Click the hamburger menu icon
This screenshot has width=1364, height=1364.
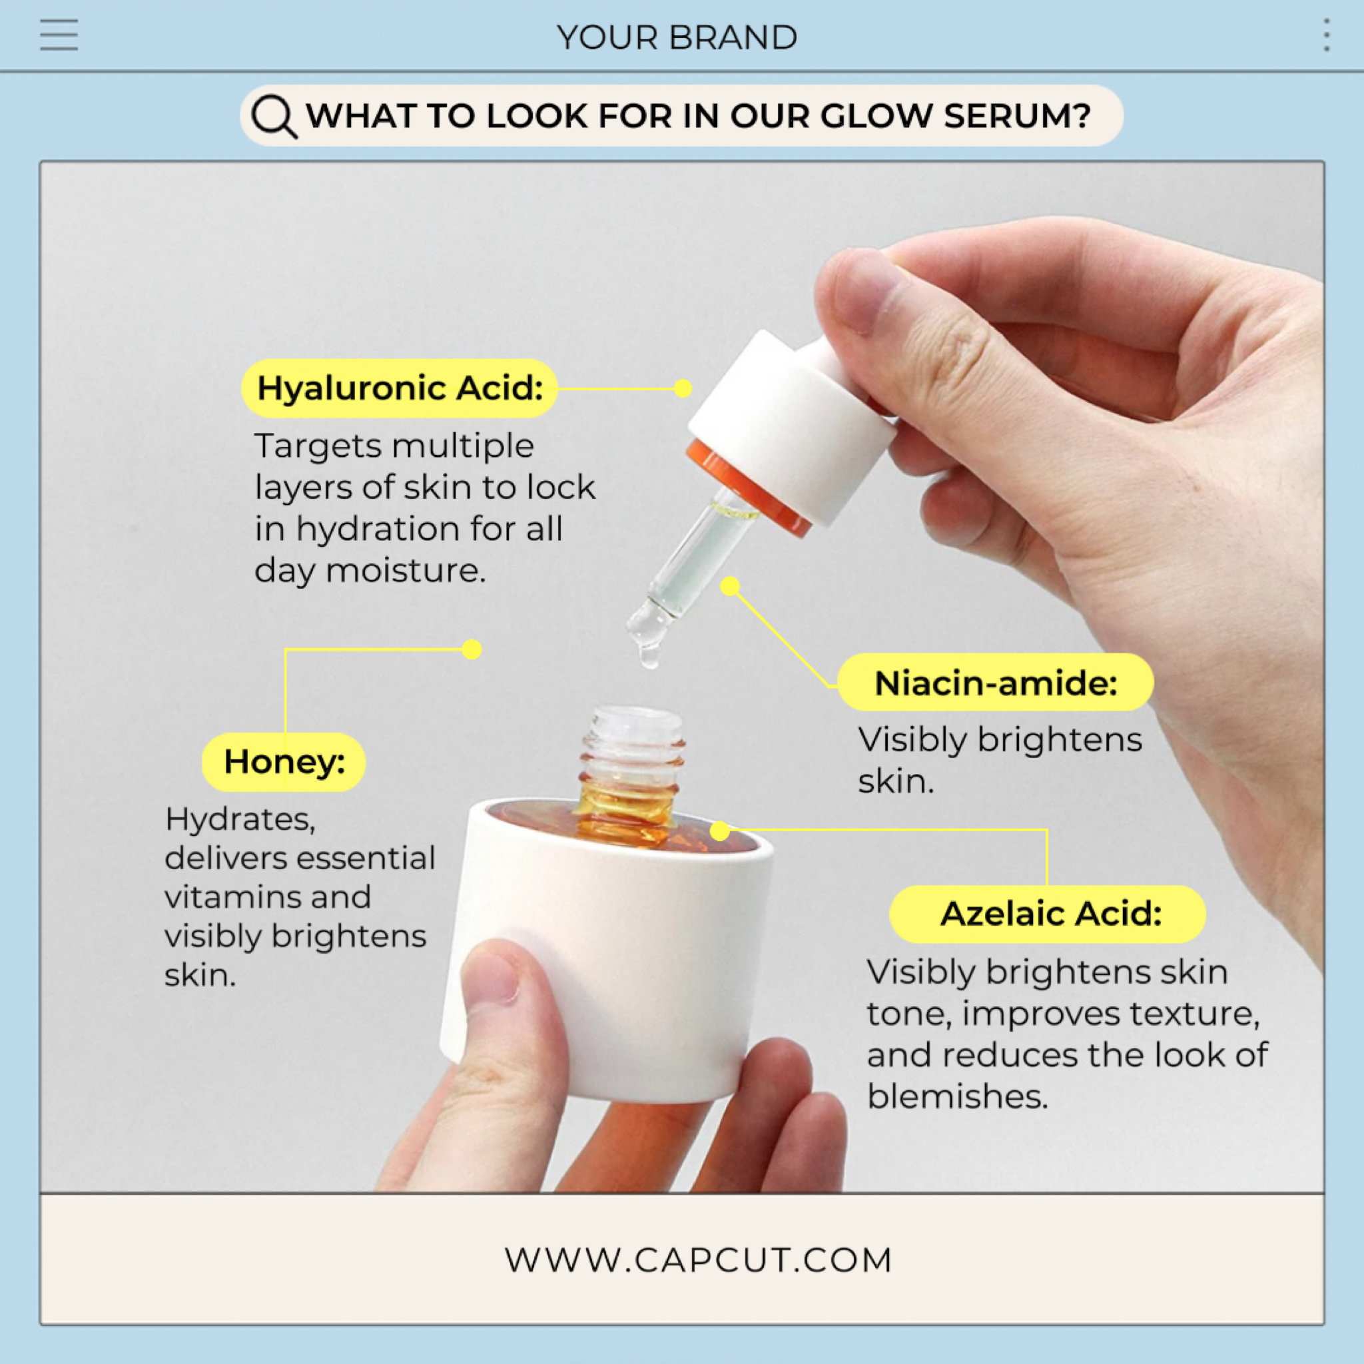(59, 35)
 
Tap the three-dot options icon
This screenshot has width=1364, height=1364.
(1327, 35)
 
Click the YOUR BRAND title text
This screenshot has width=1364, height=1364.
(677, 37)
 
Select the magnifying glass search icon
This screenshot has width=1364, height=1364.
(274, 116)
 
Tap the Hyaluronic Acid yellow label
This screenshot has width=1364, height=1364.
(400, 388)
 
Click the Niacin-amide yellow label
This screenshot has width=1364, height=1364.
(995, 683)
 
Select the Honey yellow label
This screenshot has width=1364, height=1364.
(284, 762)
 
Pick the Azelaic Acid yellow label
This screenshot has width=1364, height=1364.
(1048, 914)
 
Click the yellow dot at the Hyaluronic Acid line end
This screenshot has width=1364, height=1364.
(683, 388)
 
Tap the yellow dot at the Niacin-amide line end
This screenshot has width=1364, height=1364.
(730, 586)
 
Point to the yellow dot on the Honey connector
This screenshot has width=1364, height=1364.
(472, 649)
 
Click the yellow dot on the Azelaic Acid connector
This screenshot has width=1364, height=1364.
(719, 831)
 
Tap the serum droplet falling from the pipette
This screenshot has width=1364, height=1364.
(649, 657)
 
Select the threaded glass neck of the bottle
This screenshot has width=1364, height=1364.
(633, 749)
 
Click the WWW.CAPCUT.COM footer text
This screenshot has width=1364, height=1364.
(698, 1260)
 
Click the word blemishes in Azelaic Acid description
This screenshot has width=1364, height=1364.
(956, 1097)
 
